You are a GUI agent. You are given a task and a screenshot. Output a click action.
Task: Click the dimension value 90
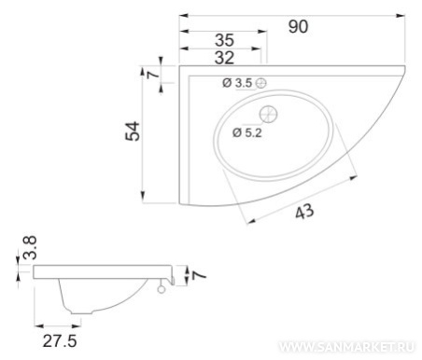[x=298, y=26]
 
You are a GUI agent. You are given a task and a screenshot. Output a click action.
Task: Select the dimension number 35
[x=224, y=40]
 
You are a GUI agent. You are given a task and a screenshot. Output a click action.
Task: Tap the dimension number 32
[x=224, y=58]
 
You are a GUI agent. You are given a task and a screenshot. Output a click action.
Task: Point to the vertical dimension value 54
[x=133, y=132]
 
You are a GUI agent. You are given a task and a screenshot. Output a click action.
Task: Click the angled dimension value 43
[x=304, y=212]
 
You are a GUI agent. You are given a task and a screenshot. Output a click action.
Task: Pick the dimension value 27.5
[x=60, y=341]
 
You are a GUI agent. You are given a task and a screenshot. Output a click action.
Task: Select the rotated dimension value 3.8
[x=30, y=248]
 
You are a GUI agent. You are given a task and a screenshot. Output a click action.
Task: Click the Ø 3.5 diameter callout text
[x=237, y=83]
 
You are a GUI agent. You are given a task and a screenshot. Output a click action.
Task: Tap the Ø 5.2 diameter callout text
[x=247, y=132]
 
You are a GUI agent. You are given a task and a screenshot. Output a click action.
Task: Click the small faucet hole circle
[x=261, y=83]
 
